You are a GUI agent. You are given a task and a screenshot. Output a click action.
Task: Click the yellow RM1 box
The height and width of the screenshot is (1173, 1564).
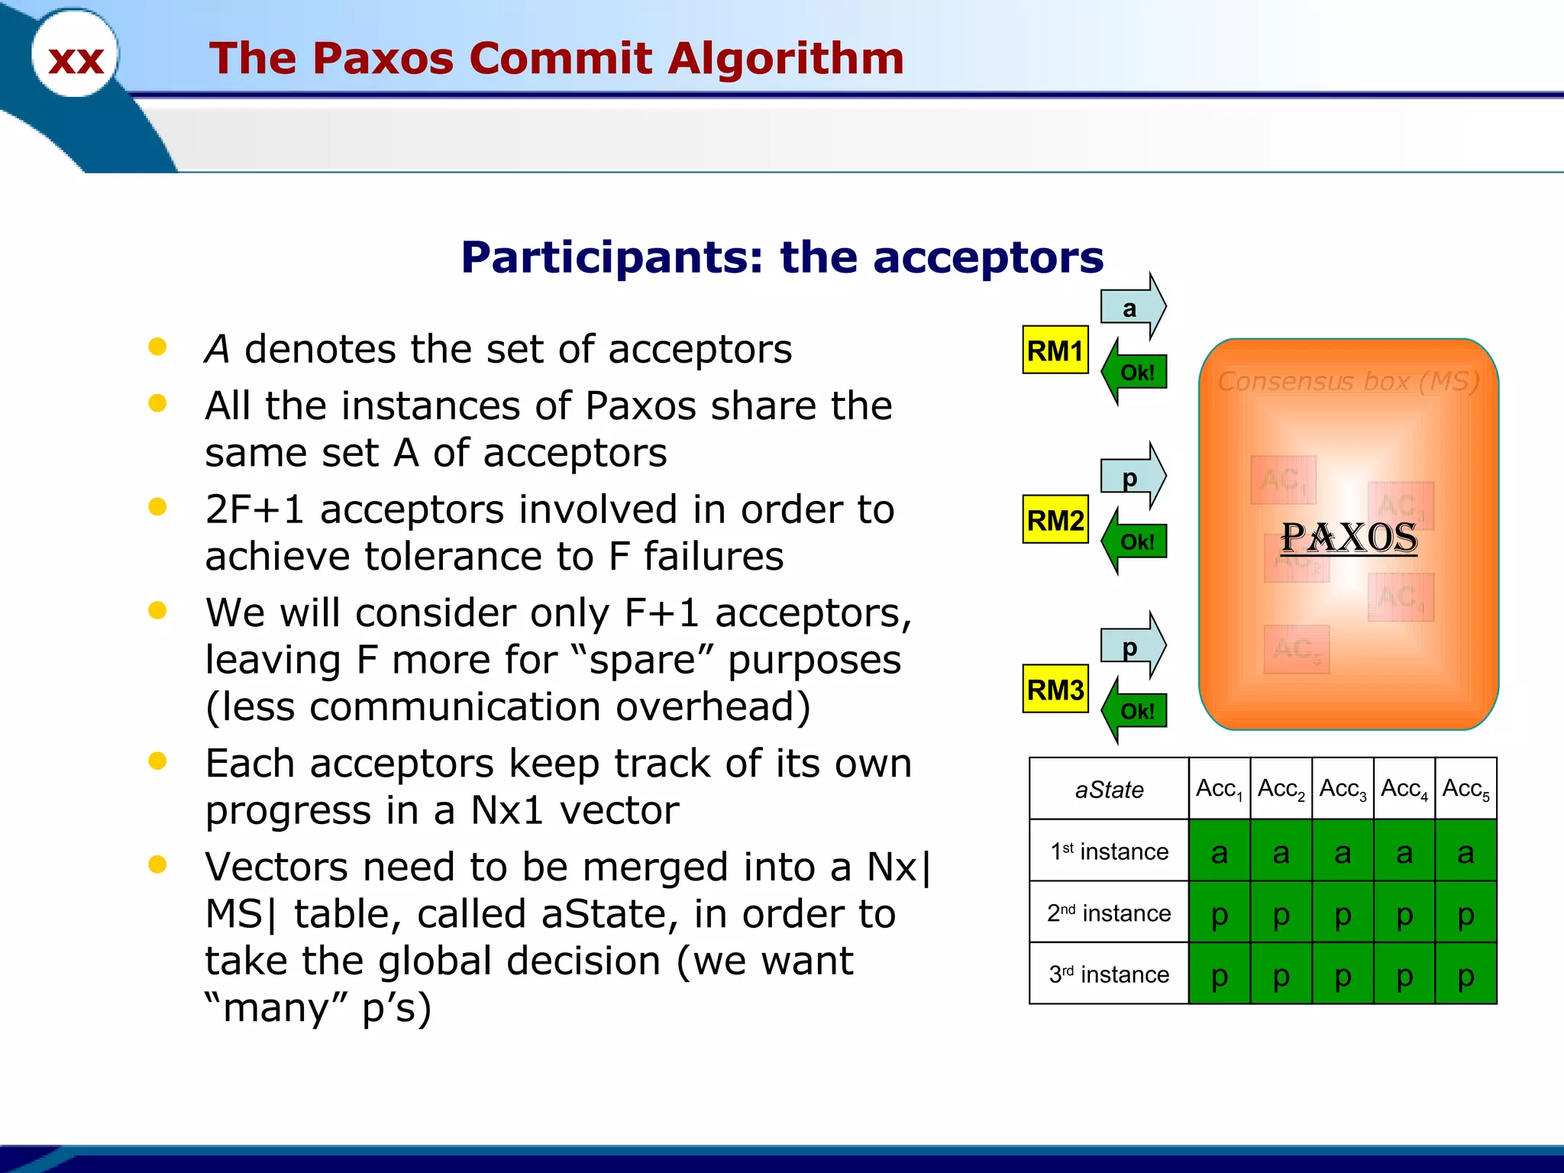click(1055, 351)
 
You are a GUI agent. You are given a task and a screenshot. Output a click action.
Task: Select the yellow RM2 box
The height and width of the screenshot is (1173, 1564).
click(1055, 520)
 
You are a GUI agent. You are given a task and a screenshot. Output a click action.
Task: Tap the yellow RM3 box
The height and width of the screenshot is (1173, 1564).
click(1055, 690)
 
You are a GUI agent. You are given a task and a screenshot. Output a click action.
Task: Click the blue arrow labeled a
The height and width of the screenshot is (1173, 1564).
click(1132, 308)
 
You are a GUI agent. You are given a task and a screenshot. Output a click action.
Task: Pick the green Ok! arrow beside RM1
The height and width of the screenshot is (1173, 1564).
click(1136, 373)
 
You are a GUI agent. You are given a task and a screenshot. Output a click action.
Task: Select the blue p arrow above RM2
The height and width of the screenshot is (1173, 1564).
click(1132, 477)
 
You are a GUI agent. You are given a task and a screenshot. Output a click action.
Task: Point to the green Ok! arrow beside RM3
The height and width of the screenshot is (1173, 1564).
click(1136, 711)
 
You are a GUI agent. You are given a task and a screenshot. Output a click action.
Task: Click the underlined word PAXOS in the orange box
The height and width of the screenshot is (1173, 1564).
click(1349, 538)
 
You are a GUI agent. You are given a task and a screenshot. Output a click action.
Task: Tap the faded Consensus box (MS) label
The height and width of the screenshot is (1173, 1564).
click(1349, 380)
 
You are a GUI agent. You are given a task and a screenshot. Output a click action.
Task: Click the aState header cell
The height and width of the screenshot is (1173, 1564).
click(1109, 789)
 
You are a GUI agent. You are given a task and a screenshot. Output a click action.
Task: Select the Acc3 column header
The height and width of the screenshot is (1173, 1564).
click(1343, 789)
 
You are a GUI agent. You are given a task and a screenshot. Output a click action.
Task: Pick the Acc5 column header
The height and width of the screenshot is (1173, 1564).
click(1465, 789)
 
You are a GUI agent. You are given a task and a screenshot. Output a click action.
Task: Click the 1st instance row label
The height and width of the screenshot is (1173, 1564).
click(1109, 851)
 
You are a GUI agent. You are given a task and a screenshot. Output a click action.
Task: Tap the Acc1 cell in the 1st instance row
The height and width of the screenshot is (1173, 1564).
click(1220, 851)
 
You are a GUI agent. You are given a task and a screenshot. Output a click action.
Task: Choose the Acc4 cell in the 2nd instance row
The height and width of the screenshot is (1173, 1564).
click(1404, 913)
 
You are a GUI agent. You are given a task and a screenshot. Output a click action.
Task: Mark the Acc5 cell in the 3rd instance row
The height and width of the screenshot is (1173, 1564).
click(1465, 974)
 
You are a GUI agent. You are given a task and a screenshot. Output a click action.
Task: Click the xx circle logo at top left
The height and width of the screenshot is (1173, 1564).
click(75, 56)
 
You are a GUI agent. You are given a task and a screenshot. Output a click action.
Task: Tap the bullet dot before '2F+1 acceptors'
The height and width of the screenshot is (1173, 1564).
click(158, 507)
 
